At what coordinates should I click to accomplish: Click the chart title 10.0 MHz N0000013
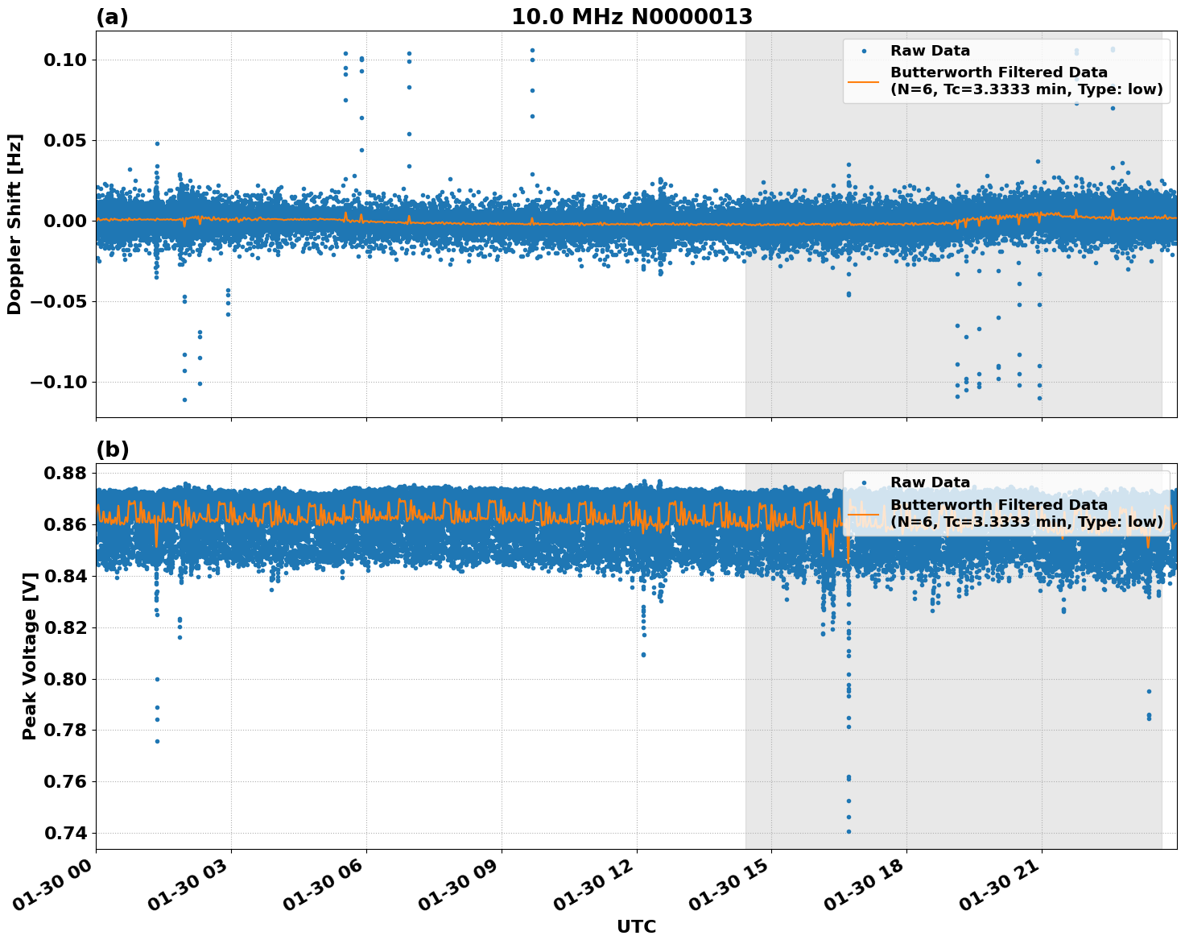[x=632, y=17]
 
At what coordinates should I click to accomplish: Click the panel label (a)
[x=112, y=17]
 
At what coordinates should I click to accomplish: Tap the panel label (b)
[x=112, y=449]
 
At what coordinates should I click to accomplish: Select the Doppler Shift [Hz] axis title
[x=14, y=224]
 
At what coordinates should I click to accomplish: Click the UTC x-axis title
[x=636, y=926]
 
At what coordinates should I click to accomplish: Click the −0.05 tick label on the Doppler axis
[x=59, y=301]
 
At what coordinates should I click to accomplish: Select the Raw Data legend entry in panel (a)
[x=930, y=51]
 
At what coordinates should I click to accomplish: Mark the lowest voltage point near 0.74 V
[x=848, y=831]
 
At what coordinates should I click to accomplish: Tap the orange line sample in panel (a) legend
[x=864, y=81]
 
